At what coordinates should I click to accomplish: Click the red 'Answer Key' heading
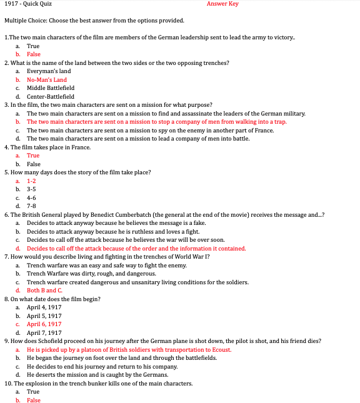pyautogui.click(x=222, y=4)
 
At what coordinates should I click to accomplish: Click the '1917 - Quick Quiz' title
pyautogui.click(x=27, y=4)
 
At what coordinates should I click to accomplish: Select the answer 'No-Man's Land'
pyautogui.click(x=46, y=80)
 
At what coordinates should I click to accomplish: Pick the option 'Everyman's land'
pyautogui.click(x=49, y=71)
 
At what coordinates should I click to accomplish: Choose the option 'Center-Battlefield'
pyautogui.click(x=50, y=97)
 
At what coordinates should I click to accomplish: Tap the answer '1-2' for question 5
pyautogui.click(x=31, y=181)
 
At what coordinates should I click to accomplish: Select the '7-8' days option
pyautogui.click(x=31, y=206)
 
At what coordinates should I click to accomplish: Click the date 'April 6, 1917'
pyautogui.click(x=44, y=324)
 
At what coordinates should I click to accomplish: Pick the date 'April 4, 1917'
pyautogui.click(x=44, y=307)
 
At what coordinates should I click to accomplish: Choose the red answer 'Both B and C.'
pyautogui.click(x=44, y=291)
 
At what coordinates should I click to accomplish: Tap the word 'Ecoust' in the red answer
pyautogui.click(x=219, y=350)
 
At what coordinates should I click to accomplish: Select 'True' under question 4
pyautogui.click(x=33, y=156)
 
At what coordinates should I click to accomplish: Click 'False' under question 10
pyautogui.click(x=34, y=400)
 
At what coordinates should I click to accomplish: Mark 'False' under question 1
pyautogui.click(x=34, y=54)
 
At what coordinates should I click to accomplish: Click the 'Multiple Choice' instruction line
pyautogui.click(x=94, y=21)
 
